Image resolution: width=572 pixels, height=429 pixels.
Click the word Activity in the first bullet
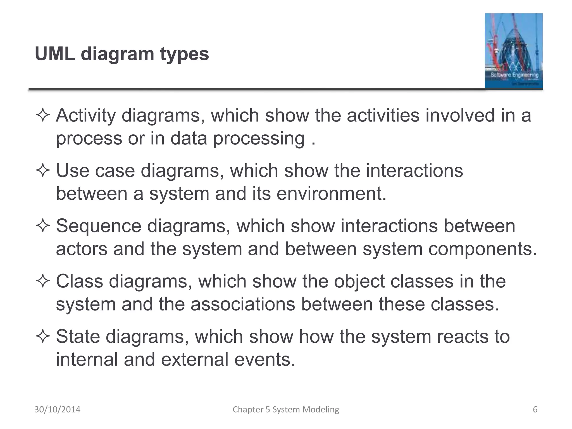[86, 115]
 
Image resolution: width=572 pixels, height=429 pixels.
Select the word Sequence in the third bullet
[99, 226]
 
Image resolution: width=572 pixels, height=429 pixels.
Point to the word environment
[331, 194]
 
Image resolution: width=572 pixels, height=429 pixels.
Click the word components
[483, 249]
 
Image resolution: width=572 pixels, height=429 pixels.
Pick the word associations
[243, 304]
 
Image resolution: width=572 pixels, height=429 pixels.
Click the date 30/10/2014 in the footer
[57, 409]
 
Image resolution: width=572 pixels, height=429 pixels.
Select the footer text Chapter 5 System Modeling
[286, 409]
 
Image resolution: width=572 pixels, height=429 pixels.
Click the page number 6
[535, 409]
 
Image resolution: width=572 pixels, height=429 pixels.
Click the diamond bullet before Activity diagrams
[43, 116]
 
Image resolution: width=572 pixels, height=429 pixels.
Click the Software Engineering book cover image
[513, 51]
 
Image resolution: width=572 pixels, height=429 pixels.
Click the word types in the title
[184, 54]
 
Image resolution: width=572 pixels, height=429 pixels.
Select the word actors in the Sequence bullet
[82, 249]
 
